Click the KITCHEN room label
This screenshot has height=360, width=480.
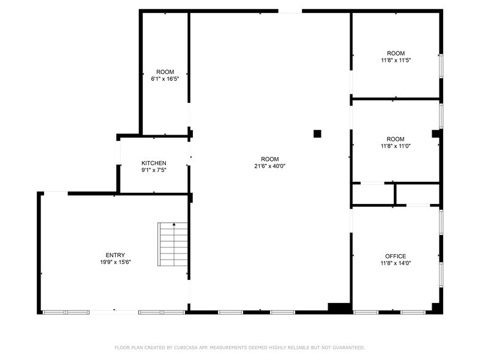coord(154,163)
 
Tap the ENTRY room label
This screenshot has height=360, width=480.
coord(115,255)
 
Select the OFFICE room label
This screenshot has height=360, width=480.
coord(396,256)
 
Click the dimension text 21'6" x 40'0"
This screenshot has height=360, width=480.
coord(270,166)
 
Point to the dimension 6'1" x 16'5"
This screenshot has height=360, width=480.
coord(165,79)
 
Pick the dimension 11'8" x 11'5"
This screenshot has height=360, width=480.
coord(396,61)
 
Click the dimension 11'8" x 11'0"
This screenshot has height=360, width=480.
coord(396,146)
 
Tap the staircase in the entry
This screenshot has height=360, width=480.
coord(173,244)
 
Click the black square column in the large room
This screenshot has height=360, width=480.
coord(317,134)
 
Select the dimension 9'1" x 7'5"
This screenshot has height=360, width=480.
coord(154,170)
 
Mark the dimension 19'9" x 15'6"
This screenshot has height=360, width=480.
coord(115,262)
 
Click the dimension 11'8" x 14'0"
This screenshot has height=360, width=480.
coord(396,263)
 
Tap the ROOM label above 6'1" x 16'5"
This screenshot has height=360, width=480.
coord(165,72)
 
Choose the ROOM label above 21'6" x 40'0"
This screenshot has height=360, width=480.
coord(270,159)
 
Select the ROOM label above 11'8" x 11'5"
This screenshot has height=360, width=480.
coord(396,53)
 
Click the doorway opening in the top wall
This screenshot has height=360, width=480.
coord(290,11)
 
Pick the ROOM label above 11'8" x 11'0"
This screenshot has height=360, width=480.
coord(396,139)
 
